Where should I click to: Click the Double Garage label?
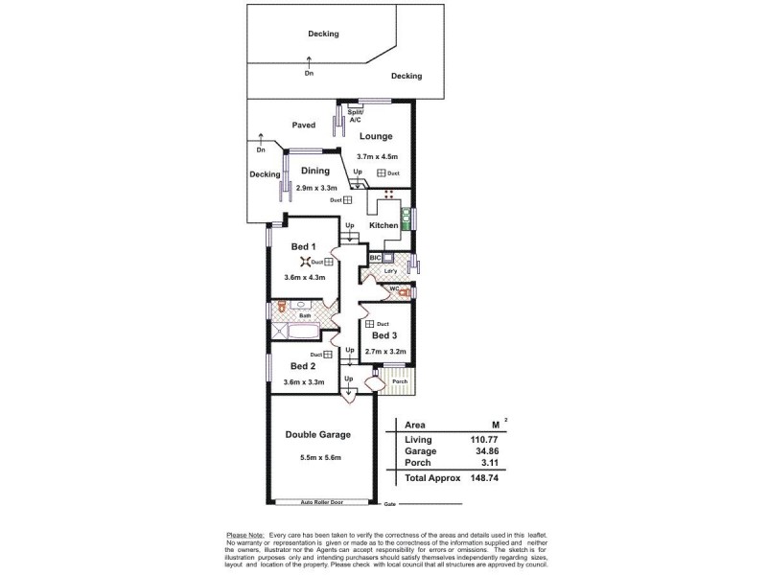(317, 434)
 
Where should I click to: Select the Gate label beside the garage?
(389, 504)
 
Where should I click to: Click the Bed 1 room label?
(304, 246)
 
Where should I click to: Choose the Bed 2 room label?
(303, 366)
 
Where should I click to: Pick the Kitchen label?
(383, 225)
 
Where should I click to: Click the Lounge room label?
(377, 136)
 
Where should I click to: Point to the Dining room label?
(315, 171)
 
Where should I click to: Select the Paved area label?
(304, 125)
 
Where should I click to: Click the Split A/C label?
(355, 116)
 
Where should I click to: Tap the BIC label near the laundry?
(376, 259)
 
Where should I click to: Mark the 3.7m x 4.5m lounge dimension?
(376, 156)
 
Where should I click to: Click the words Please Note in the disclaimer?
(244, 534)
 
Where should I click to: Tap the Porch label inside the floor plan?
(399, 382)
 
